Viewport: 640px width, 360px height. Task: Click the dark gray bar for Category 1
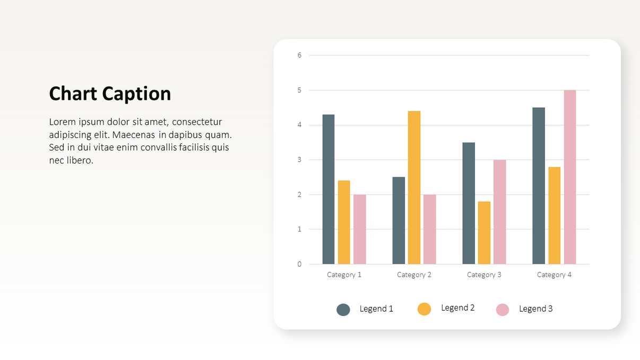(328, 190)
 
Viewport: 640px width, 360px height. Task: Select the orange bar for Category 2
(414, 187)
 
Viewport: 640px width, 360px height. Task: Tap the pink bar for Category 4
(570, 177)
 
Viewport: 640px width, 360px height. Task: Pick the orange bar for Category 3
(484, 233)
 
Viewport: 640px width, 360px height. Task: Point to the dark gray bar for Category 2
(399, 220)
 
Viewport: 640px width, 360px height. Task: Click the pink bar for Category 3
(499, 212)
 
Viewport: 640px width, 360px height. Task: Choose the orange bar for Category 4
(554, 216)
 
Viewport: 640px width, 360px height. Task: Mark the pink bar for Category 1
(360, 229)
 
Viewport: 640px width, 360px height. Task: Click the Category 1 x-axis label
(344, 275)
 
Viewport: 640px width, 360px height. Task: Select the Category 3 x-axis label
(484, 275)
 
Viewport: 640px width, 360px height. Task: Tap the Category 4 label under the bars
(554, 275)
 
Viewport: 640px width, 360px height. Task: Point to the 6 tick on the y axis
(299, 55)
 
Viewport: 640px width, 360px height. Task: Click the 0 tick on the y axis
(299, 264)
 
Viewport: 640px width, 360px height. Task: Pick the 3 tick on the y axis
(299, 160)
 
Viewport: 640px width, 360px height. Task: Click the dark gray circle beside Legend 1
(343, 310)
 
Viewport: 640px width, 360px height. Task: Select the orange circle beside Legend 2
(424, 308)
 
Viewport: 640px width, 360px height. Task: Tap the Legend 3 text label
(535, 309)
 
